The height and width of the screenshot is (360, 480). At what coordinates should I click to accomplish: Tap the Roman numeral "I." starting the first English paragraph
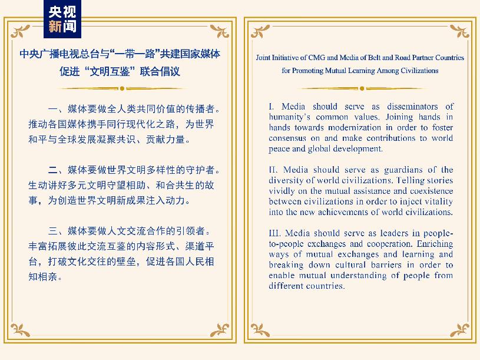tap(272, 107)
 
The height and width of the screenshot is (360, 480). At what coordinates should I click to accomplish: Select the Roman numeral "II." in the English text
tap(273, 170)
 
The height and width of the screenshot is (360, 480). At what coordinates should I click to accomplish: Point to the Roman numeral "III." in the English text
tap(275, 233)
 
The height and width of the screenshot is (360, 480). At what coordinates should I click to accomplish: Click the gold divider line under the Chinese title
tap(123, 89)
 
